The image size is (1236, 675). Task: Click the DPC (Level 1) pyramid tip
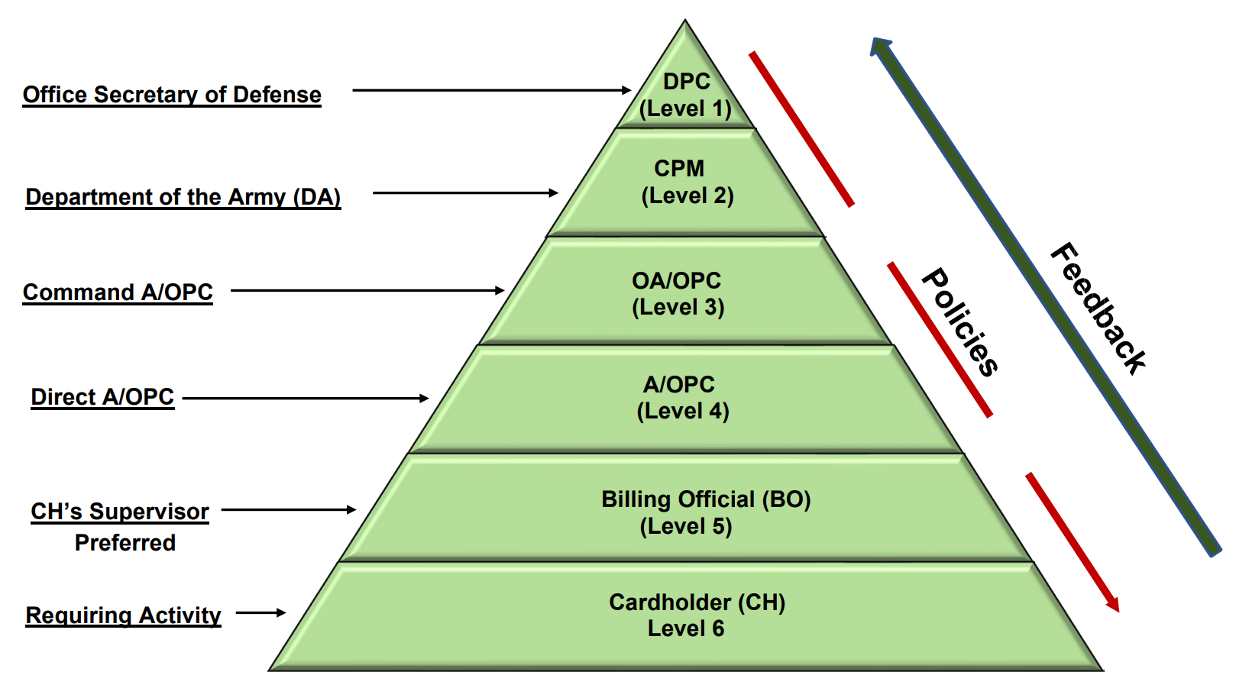(685, 94)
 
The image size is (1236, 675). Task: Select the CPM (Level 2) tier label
(685, 182)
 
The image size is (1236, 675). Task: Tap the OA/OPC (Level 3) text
(678, 293)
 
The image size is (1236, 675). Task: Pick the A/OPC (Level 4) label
(682, 397)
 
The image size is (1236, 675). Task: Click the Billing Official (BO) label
(705, 499)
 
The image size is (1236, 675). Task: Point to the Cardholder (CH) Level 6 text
(696, 615)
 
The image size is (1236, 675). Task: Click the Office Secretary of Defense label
(172, 95)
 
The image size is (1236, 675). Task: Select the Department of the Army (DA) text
(183, 197)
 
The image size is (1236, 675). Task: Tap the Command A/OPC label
(118, 292)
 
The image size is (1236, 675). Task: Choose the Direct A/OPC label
(102, 397)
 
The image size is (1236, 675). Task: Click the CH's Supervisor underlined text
(120, 512)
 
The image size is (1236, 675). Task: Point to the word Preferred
(125, 543)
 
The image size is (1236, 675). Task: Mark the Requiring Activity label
(123, 615)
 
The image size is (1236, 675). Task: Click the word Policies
(960, 321)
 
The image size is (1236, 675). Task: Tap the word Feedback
(1098, 308)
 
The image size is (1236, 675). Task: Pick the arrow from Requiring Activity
(260, 612)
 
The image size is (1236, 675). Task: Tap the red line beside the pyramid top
(801, 129)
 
